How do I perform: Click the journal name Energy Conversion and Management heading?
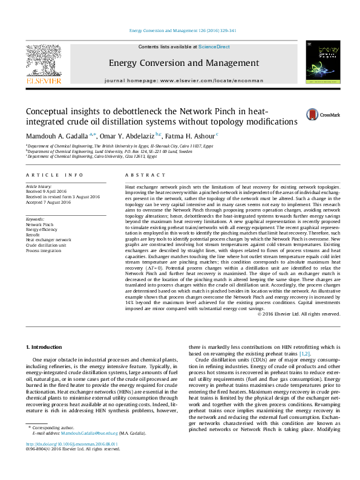tap(184, 63)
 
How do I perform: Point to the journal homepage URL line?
tap(184, 80)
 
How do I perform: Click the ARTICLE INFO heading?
tap(54, 175)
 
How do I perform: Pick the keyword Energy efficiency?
tap(42, 230)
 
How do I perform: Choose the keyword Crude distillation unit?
tap(47, 245)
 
